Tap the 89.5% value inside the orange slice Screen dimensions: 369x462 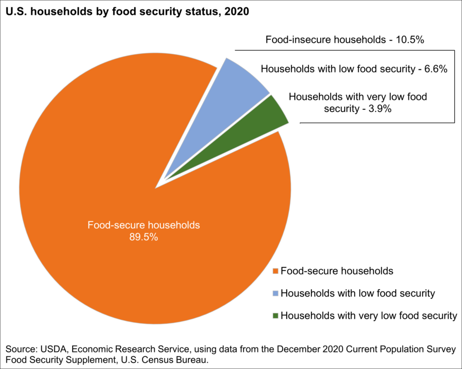(143, 237)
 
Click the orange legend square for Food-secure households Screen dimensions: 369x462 (275, 271)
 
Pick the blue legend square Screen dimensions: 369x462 (275, 293)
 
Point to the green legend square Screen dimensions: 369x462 (275, 316)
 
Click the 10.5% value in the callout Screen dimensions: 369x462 (410, 40)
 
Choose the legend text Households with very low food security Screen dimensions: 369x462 (369, 316)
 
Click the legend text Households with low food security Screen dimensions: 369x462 (357, 293)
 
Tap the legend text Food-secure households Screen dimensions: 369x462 (337, 271)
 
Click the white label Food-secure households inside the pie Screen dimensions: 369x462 (143, 225)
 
